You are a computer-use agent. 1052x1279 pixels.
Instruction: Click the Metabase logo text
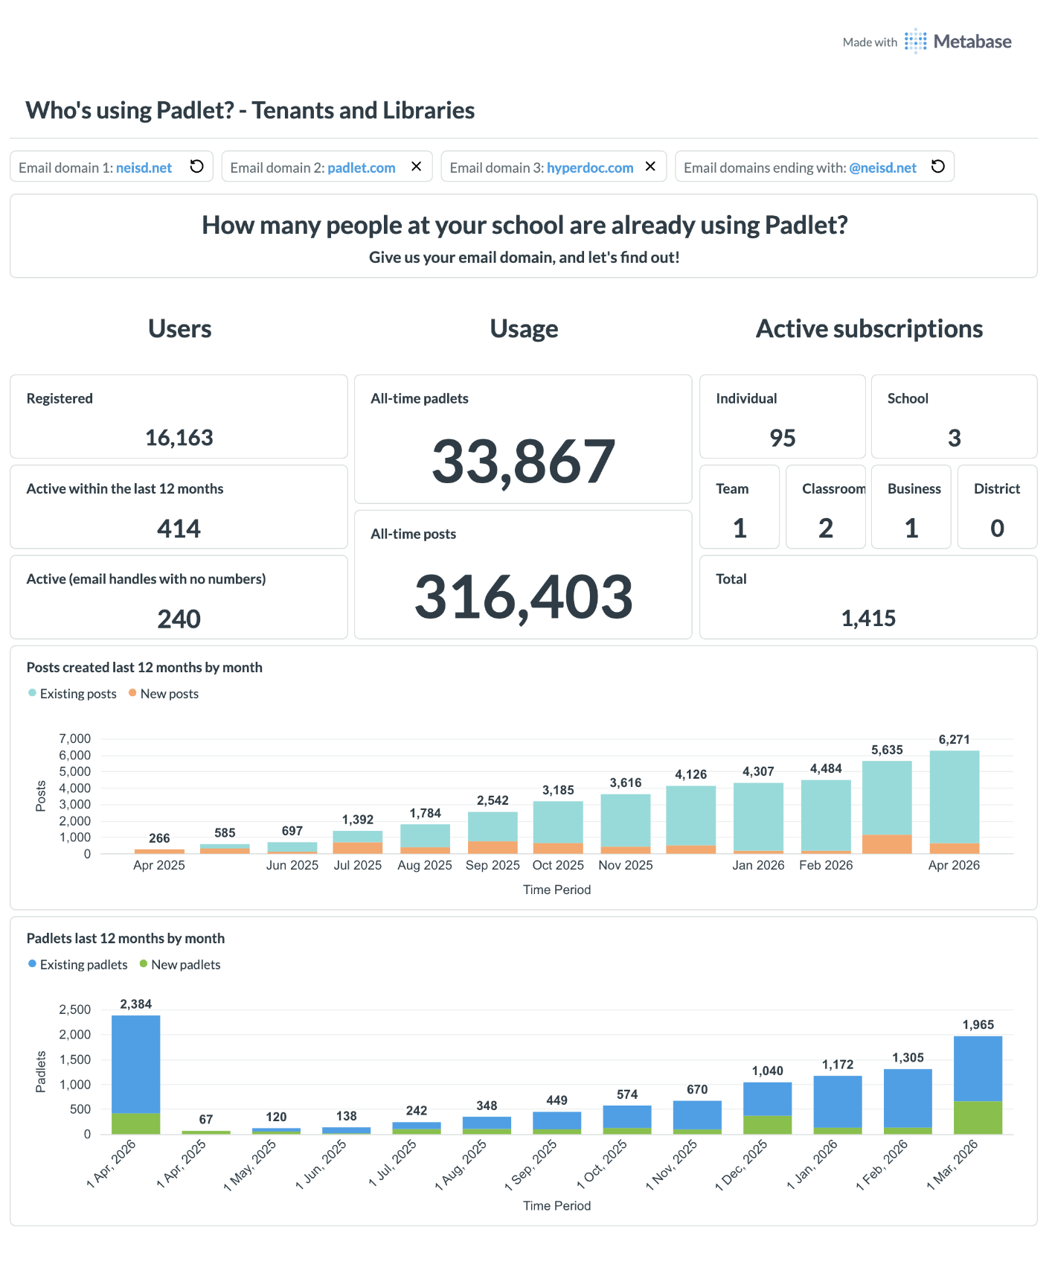pyautogui.click(x=972, y=42)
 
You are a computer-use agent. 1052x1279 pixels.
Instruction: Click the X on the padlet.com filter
pyautogui.click(x=417, y=167)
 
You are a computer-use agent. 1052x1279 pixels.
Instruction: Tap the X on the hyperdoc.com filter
pyautogui.click(x=650, y=167)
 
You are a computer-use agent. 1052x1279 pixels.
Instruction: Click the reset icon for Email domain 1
pyautogui.click(x=196, y=167)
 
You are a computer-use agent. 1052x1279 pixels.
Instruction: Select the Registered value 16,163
pyautogui.click(x=179, y=438)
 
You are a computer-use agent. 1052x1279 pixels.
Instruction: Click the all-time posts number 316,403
pyautogui.click(x=523, y=597)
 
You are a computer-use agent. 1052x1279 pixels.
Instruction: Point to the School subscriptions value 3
pyautogui.click(x=955, y=438)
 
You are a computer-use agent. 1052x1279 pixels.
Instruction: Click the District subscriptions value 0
pyautogui.click(x=998, y=528)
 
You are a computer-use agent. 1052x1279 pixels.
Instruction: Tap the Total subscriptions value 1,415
pyautogui.click(x=868, y=618)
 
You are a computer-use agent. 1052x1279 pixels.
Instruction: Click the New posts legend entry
pyautogui.click(x=164, y=694)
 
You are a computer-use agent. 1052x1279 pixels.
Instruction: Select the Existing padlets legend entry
pyautogui.click(x=78, y=965)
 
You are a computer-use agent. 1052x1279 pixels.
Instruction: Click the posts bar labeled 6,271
pyautogui.click(x=955, y=802)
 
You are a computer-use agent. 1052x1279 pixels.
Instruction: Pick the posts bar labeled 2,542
pyautogui.click(x=493, y=832)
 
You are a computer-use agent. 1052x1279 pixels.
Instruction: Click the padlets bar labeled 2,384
pyautogui.click(x=136, y=1074)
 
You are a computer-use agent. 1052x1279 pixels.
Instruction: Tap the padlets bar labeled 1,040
pyautogui.click(x=768, y=1108)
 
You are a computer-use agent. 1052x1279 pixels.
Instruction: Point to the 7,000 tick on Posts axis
pyautogui.click(x=75, y=739)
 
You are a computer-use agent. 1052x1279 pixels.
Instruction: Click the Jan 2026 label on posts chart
pyautogui.click(x=758, y=865)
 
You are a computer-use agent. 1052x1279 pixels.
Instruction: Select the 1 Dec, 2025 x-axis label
pyautogui.click(x=741, y=1165)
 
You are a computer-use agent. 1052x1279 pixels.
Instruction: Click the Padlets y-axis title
pyautogui.click(x=41, y=1072)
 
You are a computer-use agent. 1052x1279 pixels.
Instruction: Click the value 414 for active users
pyautogui.click(x=179, y=529)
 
